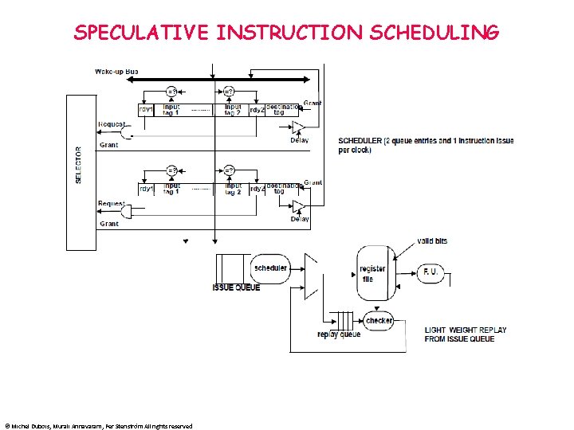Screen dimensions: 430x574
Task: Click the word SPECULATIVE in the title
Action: (141, 33)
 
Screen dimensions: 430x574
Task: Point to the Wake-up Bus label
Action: (117, 72)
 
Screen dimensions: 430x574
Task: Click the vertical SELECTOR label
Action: (78, 165)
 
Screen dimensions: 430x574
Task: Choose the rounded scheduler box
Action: (270, 268)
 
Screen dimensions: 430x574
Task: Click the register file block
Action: (372, 274)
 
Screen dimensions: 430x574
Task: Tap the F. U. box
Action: (431, 273)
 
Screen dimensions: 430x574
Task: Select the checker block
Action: (379, 320)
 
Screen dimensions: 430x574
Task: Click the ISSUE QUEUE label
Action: (236, 287)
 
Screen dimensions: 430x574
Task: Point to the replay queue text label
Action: (339, 334)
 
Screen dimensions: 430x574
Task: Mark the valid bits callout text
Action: (432, 240)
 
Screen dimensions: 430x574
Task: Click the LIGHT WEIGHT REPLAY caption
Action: (465, 334)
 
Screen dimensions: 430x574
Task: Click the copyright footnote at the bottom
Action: (98, 426)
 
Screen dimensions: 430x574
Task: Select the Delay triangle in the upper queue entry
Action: (298, 127)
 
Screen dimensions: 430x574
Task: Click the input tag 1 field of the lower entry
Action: (171, 189)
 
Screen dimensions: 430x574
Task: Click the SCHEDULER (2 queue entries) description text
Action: (426, 145)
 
